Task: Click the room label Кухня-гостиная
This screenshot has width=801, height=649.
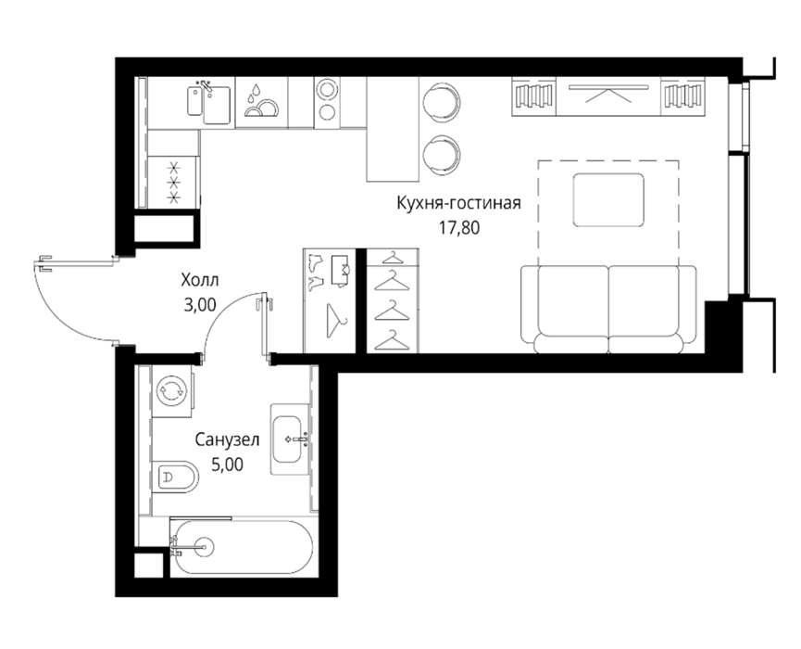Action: pos(458,203)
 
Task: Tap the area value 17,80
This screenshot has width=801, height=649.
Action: pos(459,227)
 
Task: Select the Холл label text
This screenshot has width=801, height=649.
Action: pos(200,280)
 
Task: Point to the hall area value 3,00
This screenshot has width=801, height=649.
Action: pos(200,305)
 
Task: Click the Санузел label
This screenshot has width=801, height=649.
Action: pos(227,439)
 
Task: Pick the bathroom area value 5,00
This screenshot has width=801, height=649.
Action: pos(227,464)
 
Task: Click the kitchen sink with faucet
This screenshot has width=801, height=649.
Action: pos(209,102)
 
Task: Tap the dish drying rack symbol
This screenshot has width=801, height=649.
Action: pos(261,101)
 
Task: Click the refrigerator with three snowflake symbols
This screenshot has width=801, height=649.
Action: pos(172,182)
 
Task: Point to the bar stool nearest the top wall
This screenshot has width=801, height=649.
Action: pos(441,100)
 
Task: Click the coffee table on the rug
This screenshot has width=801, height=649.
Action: pos(607,199)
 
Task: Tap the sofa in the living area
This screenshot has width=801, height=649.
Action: pos(607,310)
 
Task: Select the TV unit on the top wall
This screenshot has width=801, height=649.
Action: pos(608,96)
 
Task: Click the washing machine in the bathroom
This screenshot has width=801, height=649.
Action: pos(172,390)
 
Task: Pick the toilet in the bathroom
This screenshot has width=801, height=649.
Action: pos(175,477)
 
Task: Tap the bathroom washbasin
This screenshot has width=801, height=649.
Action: pos(289,439)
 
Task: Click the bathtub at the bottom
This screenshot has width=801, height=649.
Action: pos(240,547)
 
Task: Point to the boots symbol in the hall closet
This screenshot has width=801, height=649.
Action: pos(317,272)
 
